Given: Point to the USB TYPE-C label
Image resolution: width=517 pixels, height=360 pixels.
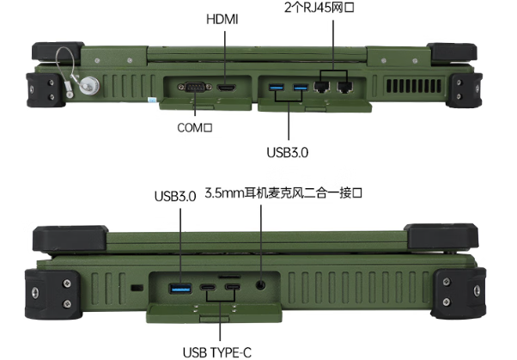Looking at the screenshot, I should (219, 351).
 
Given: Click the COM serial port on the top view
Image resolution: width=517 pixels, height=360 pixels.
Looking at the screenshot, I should (192, 88).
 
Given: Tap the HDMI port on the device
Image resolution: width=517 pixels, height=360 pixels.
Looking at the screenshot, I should (225, 88).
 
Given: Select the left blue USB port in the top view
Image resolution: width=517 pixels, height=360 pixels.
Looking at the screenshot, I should (277, 88).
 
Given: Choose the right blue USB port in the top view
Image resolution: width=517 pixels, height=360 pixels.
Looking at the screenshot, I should (301, 88).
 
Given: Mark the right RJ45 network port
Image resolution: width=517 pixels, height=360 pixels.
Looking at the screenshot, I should (345, 88).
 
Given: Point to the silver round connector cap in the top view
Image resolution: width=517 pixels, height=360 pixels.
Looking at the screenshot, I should (88, 86).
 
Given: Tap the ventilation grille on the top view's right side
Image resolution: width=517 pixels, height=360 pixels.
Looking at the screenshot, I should (411, 87).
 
